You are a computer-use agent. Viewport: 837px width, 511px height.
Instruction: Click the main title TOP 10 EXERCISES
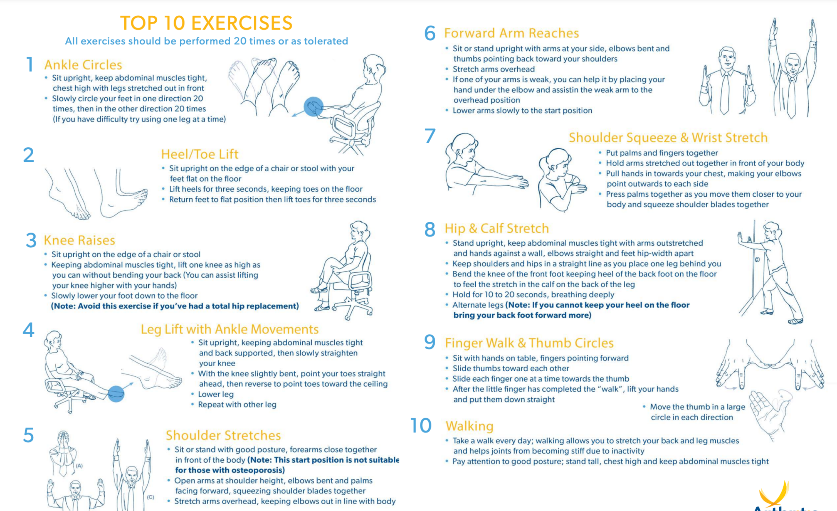point(206,23)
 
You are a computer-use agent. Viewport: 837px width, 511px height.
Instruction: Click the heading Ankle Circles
point(83,65)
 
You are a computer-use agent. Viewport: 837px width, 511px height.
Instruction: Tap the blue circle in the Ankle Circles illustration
point(313,107)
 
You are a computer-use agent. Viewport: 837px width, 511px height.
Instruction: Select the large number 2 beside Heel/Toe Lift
point(28,155)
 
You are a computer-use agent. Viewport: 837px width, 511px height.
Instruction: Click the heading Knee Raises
point(79,240)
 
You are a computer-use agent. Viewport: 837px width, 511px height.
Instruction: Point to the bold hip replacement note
point(175,306)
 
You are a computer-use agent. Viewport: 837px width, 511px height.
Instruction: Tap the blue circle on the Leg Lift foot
point(116,394)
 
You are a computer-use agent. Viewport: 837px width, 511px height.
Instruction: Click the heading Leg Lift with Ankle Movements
point(230,329)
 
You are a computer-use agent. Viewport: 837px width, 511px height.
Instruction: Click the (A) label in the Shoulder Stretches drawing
point(79,466)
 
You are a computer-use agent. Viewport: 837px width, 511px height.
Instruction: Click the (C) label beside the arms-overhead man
point(150,497)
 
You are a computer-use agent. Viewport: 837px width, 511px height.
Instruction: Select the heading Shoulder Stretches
point(223,435)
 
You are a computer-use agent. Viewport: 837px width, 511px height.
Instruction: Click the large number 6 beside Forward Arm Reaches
point(430,33)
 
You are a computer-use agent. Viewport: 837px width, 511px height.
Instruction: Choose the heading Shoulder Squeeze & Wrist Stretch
point(668,138)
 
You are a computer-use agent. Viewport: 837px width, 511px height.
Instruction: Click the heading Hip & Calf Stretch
point(497,228)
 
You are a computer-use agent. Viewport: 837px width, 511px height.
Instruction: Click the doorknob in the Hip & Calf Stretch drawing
point(757,260)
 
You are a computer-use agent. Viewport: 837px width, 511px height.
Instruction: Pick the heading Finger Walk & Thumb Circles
point(529,343)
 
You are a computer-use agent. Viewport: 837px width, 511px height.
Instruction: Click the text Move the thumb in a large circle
point(697,407)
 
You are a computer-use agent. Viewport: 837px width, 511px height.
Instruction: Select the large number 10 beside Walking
point(421,425)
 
